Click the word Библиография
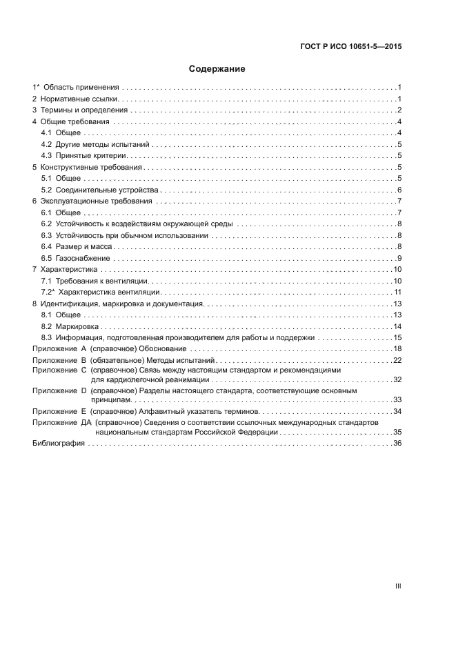(59, 444)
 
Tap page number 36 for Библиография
(397, 444)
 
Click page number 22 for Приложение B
(397, 360)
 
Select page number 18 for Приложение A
(397, 349)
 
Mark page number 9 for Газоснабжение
(399, 258)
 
